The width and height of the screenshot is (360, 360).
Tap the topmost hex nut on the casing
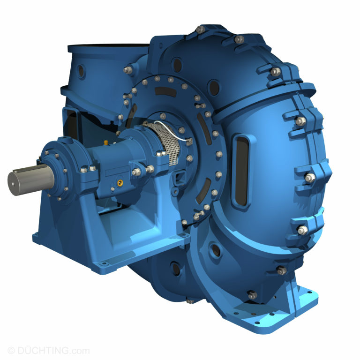coord(201,30)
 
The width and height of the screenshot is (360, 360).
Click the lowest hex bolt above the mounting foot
coord(252,295)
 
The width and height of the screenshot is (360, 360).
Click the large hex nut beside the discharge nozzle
coord(127,70)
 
